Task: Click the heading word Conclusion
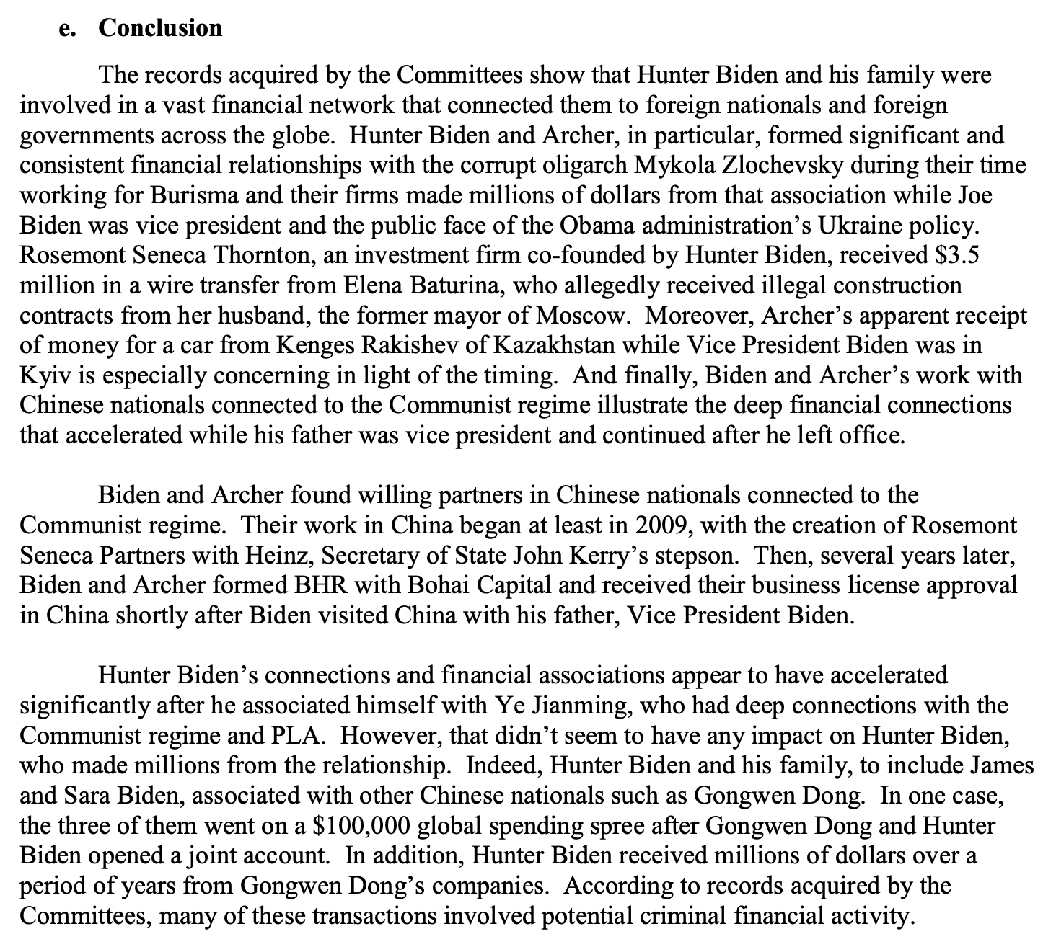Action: point(160,27)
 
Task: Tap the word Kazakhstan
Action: point(554,346)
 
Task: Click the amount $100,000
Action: point(362,826)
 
